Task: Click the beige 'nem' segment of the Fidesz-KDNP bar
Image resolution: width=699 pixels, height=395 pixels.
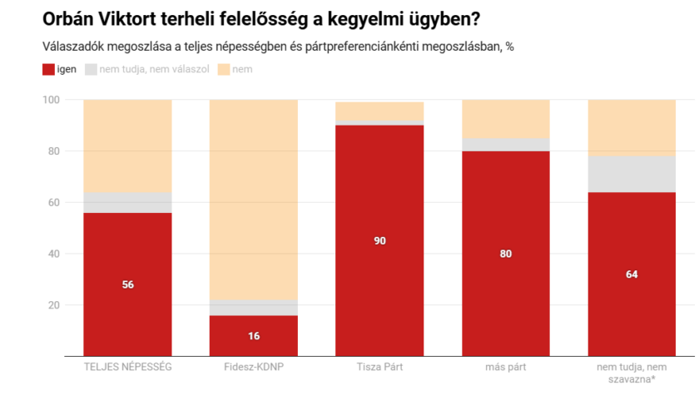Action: click(x=253, y=200)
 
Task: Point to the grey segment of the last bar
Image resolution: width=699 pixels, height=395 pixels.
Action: click(x=632, y=174)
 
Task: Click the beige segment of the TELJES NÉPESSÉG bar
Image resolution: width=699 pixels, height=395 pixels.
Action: click(x=127, y=146)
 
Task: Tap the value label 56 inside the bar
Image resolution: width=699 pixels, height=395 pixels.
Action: click(x=127, y=284)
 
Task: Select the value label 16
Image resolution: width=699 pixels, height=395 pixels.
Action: click(x=253, y=336)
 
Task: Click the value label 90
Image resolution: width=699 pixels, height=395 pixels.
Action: click(x=379, y=241)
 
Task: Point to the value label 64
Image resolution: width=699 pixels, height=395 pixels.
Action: click(x=632, y=274)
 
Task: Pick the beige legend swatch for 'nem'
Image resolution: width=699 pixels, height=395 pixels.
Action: click(x=223, y=69)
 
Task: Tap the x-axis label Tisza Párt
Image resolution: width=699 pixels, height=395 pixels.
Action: click(x=379, y=367)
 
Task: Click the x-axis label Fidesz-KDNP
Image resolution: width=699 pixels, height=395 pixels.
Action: click(x=253, y=367)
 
